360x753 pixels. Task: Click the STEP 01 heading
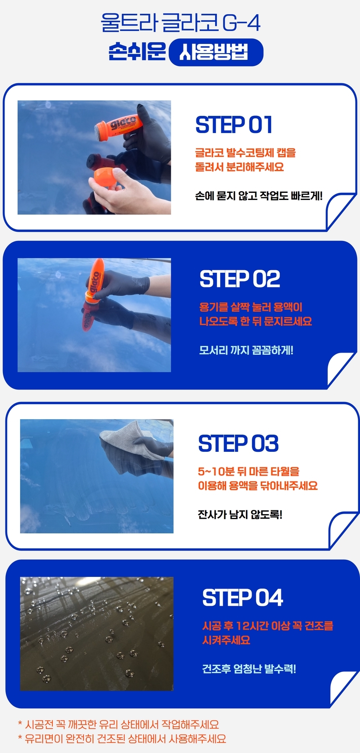[x=234, y=125]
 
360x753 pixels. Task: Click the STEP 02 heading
[x=240, y=279]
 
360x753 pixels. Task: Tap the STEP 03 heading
[x=238, y=443]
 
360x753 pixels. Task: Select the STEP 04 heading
[x=242, y=597]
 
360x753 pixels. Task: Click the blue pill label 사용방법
[x=216, y=52]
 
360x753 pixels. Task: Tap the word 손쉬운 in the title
[x=137, y=52]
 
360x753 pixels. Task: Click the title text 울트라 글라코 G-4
[x=180, y=23]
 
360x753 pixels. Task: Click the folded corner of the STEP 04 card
[x=343, y=688]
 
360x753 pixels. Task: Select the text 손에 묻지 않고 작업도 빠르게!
[x=259, y=196]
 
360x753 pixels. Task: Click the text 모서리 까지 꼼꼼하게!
[x=246, y=350]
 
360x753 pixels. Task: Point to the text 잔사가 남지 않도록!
[x=240, y=515]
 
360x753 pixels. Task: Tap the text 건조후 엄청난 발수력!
[x=249, y=668]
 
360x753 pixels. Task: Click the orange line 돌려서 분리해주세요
[x=239, y=167]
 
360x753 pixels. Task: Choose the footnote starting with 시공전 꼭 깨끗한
[x=118, y=725]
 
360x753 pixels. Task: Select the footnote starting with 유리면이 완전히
[x=122, y=739]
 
